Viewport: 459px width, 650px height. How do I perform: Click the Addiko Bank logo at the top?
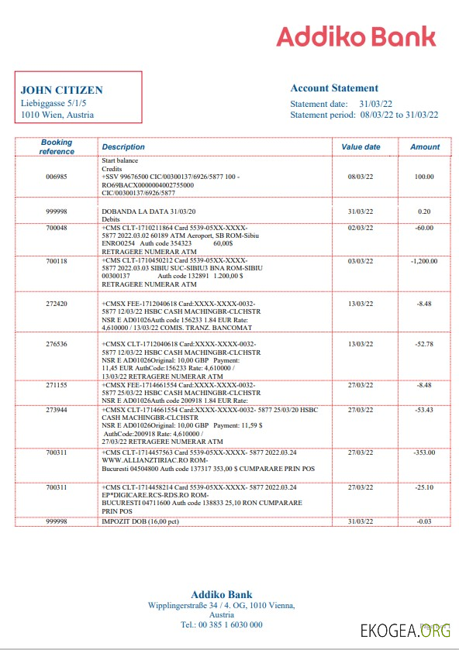(x=356, y=36)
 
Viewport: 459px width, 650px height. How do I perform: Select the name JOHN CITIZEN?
(x=61, y=90)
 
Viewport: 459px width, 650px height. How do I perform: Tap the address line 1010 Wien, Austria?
(x=57, y=115)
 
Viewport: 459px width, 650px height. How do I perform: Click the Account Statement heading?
(x=334, y=88)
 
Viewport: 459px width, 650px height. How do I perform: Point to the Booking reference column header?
(x=57, y=146)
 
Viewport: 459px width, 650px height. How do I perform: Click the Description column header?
(x=123, y=146)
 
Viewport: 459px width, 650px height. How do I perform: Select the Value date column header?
(x=361, y=146)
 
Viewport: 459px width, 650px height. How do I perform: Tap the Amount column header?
(x=425, y=146)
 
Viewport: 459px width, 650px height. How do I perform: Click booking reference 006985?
(x=57, y=177)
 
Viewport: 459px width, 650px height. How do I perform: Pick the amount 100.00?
(x=424, y=177)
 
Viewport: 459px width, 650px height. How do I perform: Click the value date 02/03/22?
(x=361, y=228)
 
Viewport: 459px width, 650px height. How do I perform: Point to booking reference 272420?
(x=57, y=304)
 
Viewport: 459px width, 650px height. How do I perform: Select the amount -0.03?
(x=424, y=521)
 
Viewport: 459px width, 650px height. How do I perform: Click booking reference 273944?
(x=57, y=409)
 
